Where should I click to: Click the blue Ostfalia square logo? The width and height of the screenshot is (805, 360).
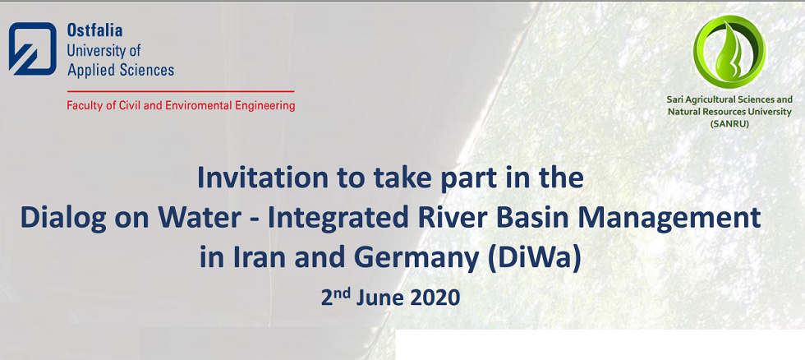point(32,48)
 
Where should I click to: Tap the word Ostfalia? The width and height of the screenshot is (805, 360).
point(95,30)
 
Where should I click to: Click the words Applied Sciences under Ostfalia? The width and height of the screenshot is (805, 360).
point(121,71)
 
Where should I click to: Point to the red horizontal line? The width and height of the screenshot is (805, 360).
point(181,91)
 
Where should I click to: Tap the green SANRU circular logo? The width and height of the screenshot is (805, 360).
point(729,51)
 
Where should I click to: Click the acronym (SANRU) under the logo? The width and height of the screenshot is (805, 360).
point(729,123)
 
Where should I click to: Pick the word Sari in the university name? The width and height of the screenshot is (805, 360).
point(674,99)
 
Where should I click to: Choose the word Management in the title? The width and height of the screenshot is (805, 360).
point(678,219)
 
